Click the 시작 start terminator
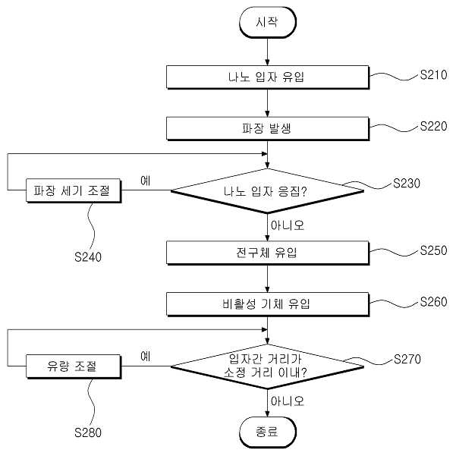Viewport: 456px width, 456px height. tap(268, 23)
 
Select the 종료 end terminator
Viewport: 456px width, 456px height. tap(268, 432)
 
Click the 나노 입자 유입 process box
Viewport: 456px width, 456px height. tap(268, 77)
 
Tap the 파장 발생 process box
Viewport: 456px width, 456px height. tap(268, 128)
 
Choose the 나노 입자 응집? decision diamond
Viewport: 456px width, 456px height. tap(267, 191)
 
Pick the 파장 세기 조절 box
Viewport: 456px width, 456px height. tap(74, 190)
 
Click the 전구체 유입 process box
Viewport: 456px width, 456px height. tap(268, 253)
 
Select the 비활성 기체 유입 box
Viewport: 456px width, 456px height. tap(268, 304)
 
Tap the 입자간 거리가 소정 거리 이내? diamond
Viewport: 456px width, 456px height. tap(267, 366)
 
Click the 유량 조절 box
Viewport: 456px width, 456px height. tap(74, 366)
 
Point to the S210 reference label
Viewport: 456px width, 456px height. tap(433, 75)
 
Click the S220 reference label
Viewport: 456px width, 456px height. tap(433, 126)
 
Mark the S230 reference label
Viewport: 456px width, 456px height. tap(407, 184)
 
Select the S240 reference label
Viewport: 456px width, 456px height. tap(88, 257)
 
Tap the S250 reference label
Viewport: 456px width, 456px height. tap(433, 250)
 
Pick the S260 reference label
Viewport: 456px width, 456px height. tap(433, 302)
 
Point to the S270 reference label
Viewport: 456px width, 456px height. tap(407, 359)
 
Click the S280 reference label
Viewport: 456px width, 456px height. tap(88, 432)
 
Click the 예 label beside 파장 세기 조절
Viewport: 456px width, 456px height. tap(146, 181)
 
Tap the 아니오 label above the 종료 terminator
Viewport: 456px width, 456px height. tap(288, 401)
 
